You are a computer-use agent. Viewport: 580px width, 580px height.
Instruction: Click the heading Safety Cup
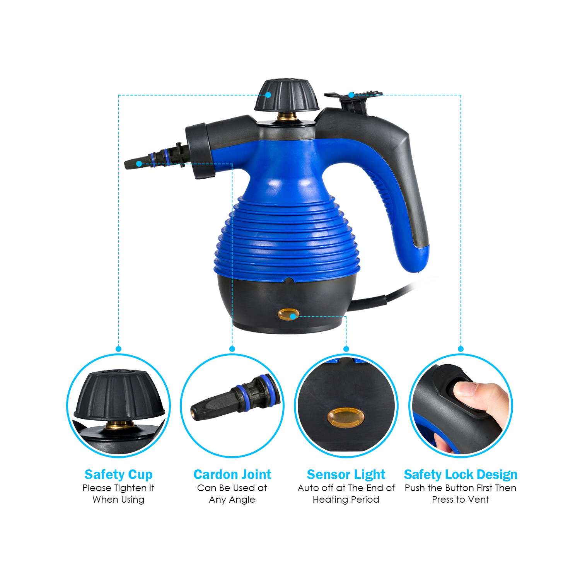(x=118, y=474)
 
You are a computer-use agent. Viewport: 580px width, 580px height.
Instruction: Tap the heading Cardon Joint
(x=232, y=474)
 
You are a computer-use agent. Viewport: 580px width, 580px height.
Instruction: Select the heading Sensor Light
(x=346, y=474)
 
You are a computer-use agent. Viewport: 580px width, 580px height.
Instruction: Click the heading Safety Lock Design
(x=461, y=474)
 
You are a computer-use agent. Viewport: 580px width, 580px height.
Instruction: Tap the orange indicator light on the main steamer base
(x=289, y=315)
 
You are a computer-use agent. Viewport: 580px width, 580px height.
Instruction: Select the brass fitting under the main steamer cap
(x=287, y=116)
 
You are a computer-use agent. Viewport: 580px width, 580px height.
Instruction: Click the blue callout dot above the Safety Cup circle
(x=118, y=349)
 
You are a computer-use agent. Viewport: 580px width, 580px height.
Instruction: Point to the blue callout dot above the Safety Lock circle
(x=461, y=349)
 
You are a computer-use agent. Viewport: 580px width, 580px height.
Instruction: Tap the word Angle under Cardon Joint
(x=243, y=500)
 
